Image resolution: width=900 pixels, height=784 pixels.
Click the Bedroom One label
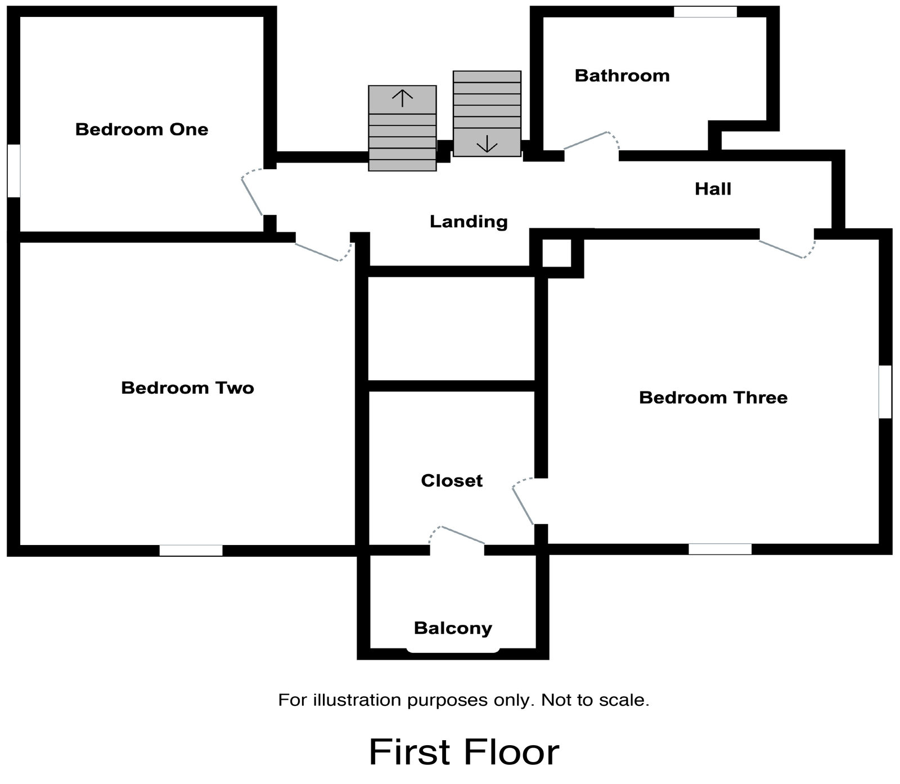(x=142, y=129)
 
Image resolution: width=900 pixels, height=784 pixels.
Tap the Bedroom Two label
(x=187, y=388)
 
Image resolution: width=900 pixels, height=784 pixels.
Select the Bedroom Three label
(x=713, y=398)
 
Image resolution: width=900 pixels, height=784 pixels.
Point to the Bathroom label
(x=622, y=76)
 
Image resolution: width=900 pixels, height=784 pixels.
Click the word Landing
(x=469, y=222)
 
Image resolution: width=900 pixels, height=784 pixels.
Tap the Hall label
(x=713, y=189)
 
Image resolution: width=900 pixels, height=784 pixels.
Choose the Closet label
(x=452, y=481)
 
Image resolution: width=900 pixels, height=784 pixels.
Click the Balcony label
(x=453, y=628)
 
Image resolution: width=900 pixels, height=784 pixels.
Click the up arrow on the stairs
(x=402, y=98)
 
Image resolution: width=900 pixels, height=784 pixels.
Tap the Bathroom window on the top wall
(x=705, y=12)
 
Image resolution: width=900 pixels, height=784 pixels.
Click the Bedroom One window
(x=13, y=171)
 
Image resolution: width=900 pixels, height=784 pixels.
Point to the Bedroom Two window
(x=191, y=550)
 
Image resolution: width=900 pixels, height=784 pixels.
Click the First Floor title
(x=464, y=752)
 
